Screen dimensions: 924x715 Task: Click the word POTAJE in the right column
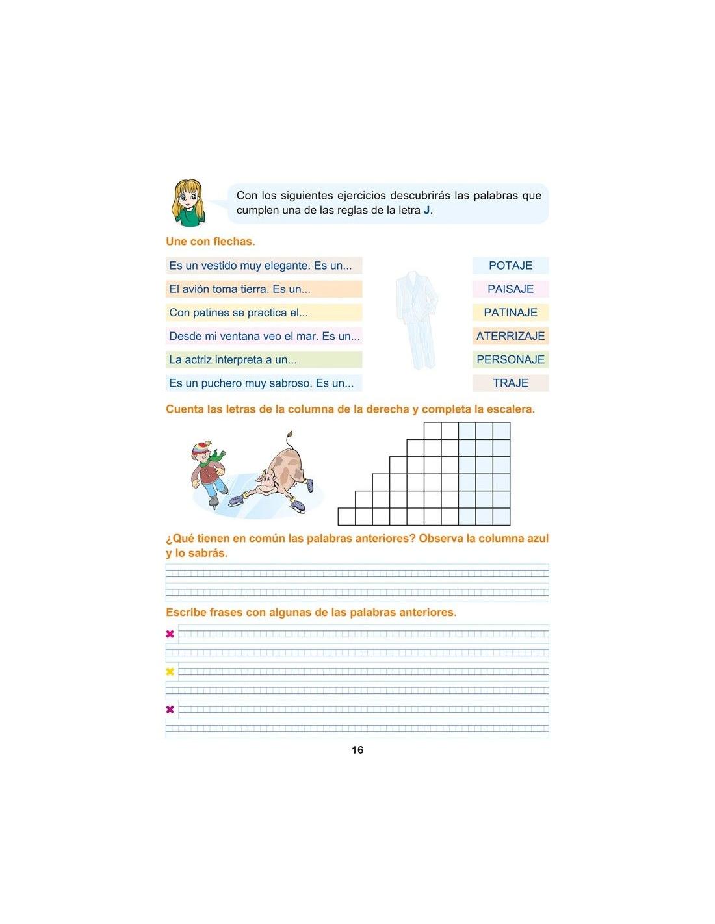pyautogui.click(x=510, y=265)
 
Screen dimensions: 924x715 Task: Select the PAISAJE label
pyautogui.click(x=510, y=289)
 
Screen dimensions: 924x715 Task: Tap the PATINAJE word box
pyautogui.click(x=510, y=313)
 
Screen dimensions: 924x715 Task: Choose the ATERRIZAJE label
pyautogui.click(x=510, y=336)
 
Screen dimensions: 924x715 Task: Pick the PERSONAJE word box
pyautogui.click(x=510, y=359)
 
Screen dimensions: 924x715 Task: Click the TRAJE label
pyautogui.click(x=510, y=383)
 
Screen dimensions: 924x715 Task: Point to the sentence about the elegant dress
pyautogui.click(x=261, y=265)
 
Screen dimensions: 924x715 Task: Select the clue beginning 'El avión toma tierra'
pyautogui.click(x=240, y=289)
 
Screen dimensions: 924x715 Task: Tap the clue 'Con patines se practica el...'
pyautogui.click(x=239, y=313)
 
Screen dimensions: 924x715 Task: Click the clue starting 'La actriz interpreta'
pyautogui.click(x=233, y=359)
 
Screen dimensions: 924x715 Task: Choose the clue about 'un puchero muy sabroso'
pyautogui.click(x=261, y=383)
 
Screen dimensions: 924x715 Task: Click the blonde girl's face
pyautogui.click(x=188, y=198)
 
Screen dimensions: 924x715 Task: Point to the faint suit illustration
pyautogui.click(x=417, y=318)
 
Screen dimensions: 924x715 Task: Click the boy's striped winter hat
pyautogui.click(x=201, y=449)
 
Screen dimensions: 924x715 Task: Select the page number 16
pyautogui.click(x=357, y=750)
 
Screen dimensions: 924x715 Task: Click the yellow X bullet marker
pyautogui.click(x=170, y=672)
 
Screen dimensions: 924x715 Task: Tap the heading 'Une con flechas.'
pyautogui.click(x=210, y=241)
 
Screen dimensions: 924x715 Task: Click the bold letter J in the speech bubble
pyautogui.click(x=426, y=211)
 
